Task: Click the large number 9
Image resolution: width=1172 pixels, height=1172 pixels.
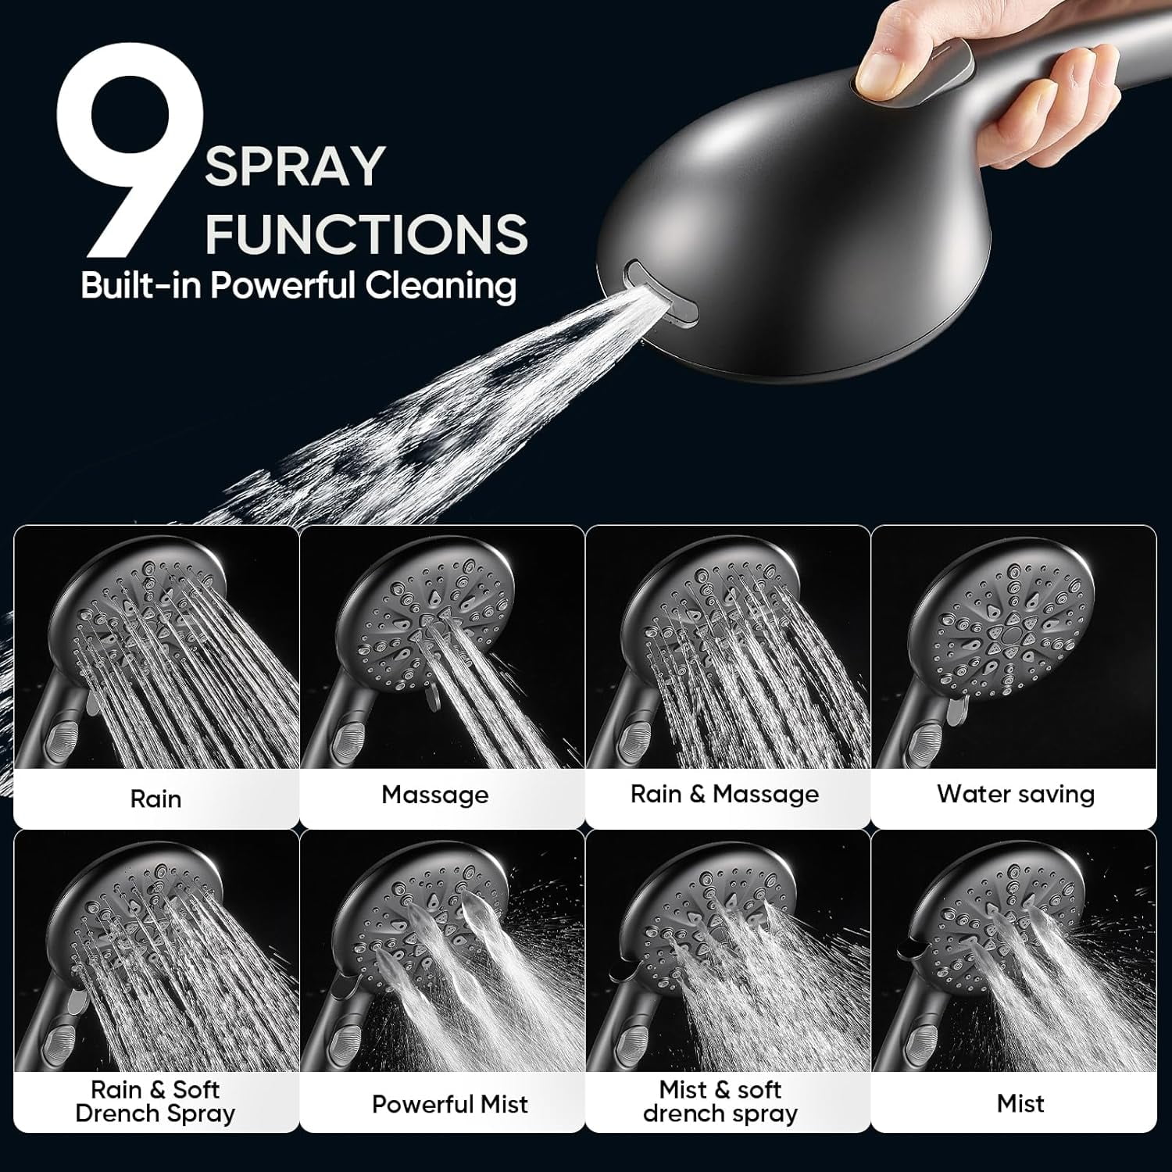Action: coord(129,148)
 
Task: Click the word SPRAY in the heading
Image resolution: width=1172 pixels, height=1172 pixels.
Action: coord(295,166)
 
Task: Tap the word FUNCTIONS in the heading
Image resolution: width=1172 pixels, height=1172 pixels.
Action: coord(366,233)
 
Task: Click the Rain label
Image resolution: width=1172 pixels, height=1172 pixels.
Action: coord(155,799)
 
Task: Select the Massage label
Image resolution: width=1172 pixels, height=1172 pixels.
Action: coord(434,795)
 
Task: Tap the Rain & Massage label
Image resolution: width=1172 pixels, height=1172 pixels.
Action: coord(724,795)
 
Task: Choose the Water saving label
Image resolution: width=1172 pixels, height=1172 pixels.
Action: coord(1015,795)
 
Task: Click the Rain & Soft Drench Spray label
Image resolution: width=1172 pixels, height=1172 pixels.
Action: coord(155,1101)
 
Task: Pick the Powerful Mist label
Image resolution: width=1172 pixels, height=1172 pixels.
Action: coord(449,1104)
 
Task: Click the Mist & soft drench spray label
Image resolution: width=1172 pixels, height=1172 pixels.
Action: coord(720,1101)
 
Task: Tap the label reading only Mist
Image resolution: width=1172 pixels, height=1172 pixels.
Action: coord(1020,1103)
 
